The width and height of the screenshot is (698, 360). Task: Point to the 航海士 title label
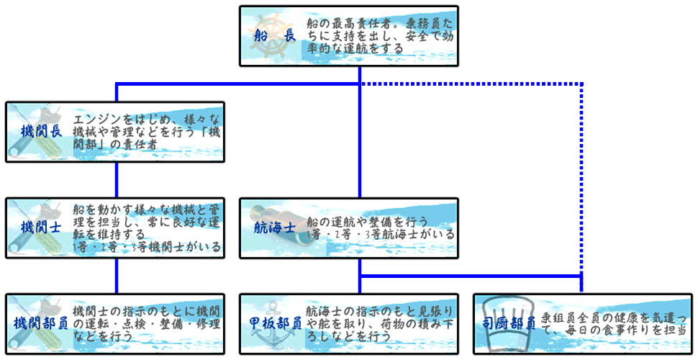click(275, 228)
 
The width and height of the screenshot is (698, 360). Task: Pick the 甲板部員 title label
click(275, 323)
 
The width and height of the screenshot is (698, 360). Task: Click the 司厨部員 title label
click(509, 323)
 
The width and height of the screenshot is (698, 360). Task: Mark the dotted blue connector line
click(581, 180)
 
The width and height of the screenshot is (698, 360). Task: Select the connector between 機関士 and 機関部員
click(117, 275)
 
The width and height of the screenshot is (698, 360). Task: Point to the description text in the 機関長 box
click(148, 131)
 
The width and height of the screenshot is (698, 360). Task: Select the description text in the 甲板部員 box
click(380, 323)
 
